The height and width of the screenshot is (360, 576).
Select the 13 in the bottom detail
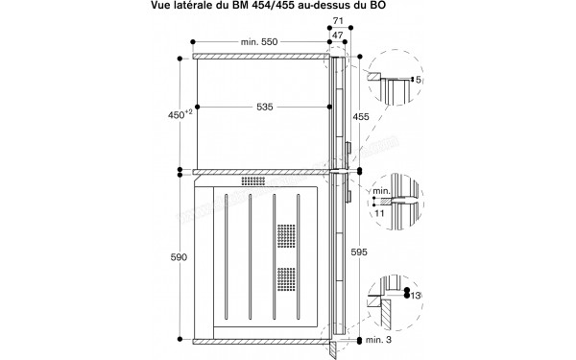[x=414, y=293]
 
